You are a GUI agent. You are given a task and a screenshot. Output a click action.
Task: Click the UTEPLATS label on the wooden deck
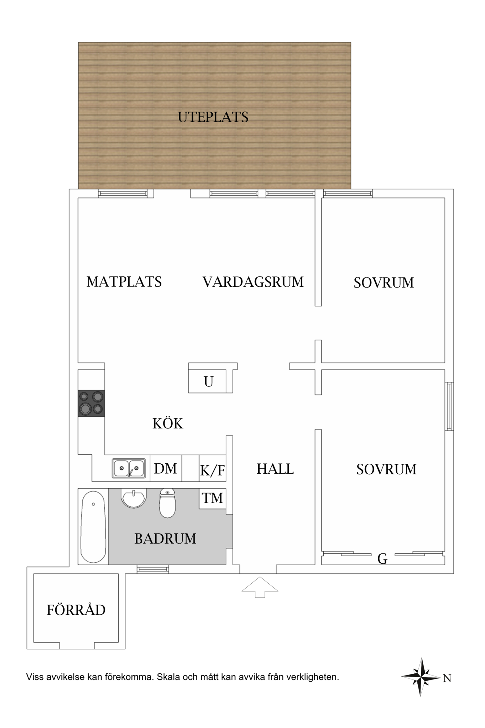point(213,117)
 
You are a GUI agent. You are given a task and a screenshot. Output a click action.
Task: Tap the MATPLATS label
point(124,282)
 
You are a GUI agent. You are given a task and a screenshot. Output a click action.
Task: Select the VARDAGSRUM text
point(253,282)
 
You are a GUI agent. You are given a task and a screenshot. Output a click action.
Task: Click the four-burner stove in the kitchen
point(91,403)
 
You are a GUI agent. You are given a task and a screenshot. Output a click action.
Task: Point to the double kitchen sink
point(128,468)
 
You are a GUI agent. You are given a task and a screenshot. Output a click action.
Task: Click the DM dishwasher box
point(166,469)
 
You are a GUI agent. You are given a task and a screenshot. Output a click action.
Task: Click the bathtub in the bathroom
point(93,526)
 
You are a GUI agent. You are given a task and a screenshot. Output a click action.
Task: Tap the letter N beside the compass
point(447,678)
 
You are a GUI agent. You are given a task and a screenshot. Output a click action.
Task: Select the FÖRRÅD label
point(76,610)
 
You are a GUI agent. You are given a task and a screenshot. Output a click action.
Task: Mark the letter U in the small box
point(209,382)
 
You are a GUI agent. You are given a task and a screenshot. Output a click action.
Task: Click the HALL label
point(275,469)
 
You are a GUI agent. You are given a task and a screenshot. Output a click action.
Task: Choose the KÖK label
point(167,424)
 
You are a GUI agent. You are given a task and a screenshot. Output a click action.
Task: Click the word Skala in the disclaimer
point(168,677)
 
